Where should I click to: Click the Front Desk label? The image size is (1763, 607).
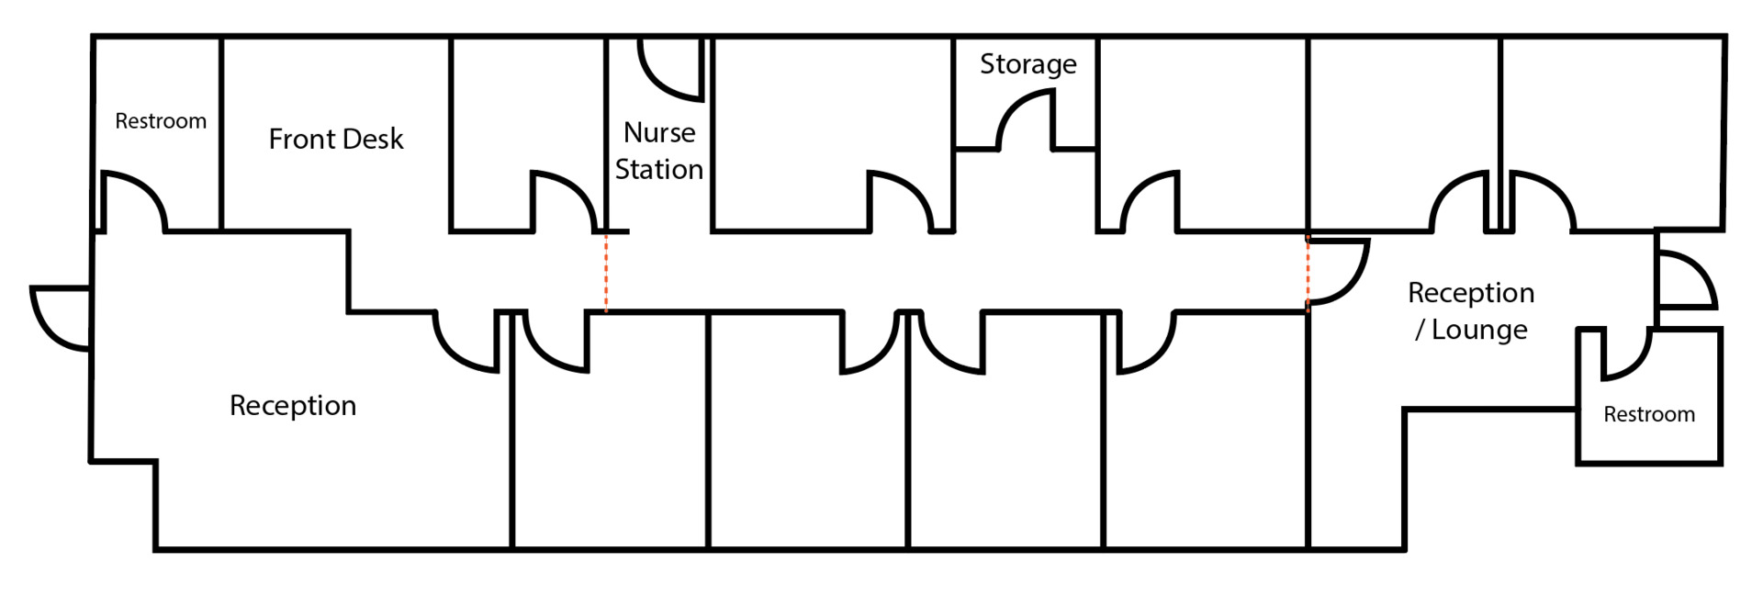click(x=335, y=139)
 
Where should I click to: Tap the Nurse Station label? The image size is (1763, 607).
click(x=658, y=151)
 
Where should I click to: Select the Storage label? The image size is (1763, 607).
click(x=1027, y=64)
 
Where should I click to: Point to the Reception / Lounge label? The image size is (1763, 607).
click(x=1471, y=310)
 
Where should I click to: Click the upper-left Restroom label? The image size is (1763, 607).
click(x=161, y=121)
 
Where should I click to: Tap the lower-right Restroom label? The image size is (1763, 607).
click(x=1648, y=414)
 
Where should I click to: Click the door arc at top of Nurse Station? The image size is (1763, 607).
click(x=666, y=73)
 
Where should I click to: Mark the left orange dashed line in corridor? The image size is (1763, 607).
click(x=606, y=273)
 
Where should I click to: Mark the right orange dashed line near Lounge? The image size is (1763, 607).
click(x=1308, y=273)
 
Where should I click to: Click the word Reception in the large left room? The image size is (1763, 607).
click(x=293, y=405)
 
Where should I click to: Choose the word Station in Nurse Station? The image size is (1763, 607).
click(x=658, y=170)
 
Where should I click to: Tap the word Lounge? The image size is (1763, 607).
click(x=1479, y=330)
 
